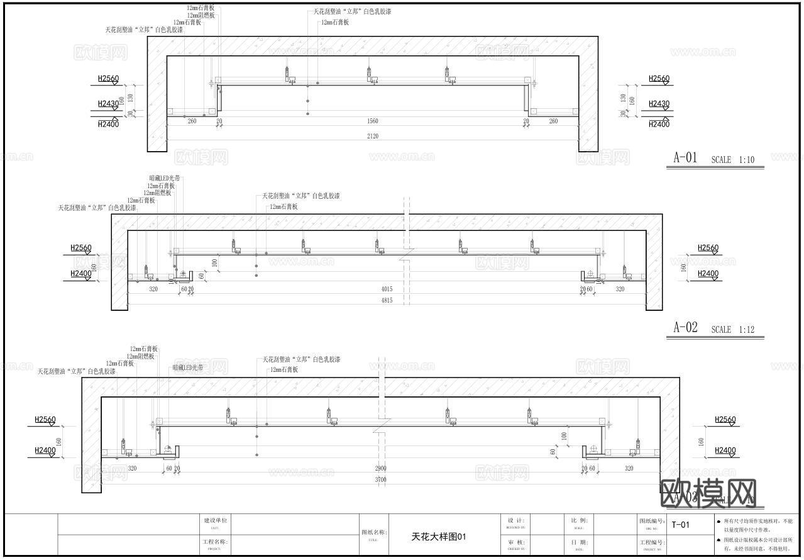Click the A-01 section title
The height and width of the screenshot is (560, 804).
pyautogui.click(x=685, y=158)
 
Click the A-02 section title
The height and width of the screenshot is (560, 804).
pyautogui.click(x=685, y=327)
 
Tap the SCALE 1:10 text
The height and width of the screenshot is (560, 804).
pyautogui.click(x=732, y=160)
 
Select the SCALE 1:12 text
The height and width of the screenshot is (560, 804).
pyautogui.click(x=732, y=329)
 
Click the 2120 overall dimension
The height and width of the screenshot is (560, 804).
pyautogui.click(x=373, y=136)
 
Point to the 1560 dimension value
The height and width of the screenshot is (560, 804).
pyautogui.click(x=373, y=121)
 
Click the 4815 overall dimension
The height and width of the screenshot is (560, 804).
pyautogui.click(x=387, y=301)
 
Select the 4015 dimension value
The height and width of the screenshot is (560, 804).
pyautogui.click(x=387, y=289)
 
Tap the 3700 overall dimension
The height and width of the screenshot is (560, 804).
pyautogui.click(x=381, y=479)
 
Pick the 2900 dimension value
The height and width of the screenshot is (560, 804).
pyautogui.click(x=381, y=469)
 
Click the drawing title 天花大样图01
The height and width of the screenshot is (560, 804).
pyautogui.click(x=439, y=537)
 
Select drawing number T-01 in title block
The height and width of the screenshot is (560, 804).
pyautogui.click(x=681, y=525)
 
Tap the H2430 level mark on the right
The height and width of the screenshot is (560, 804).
pyautogui.click(x=659, y=104)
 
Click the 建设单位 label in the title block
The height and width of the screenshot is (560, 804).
pyautogui.click(x=215, y=520)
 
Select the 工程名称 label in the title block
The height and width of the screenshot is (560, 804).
pyautogui.click(x=215, y=542)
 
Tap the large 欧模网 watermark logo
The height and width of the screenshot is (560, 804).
pyautogui.click(x=708, y=493)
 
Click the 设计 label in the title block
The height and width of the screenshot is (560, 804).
pyautogui.click(x=515, y=520)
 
